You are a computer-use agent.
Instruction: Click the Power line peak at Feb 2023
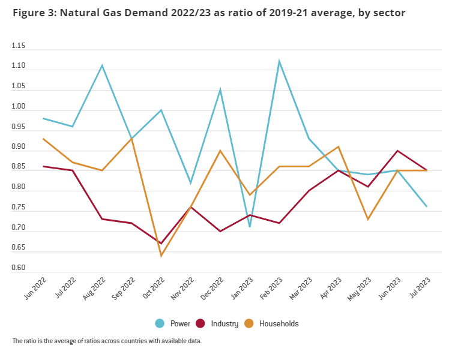pos(279,61)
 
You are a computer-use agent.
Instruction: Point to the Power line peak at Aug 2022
pos(102,65)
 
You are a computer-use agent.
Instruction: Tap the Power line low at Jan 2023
pos(249,226)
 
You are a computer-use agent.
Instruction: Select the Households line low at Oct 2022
pos(161,256)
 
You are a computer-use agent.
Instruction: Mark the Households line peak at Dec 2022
pos(220,151)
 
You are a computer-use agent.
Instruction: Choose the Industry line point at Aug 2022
pos(102,219)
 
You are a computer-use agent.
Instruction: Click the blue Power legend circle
pos(160,323)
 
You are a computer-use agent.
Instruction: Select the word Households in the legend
pos(279,323)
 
